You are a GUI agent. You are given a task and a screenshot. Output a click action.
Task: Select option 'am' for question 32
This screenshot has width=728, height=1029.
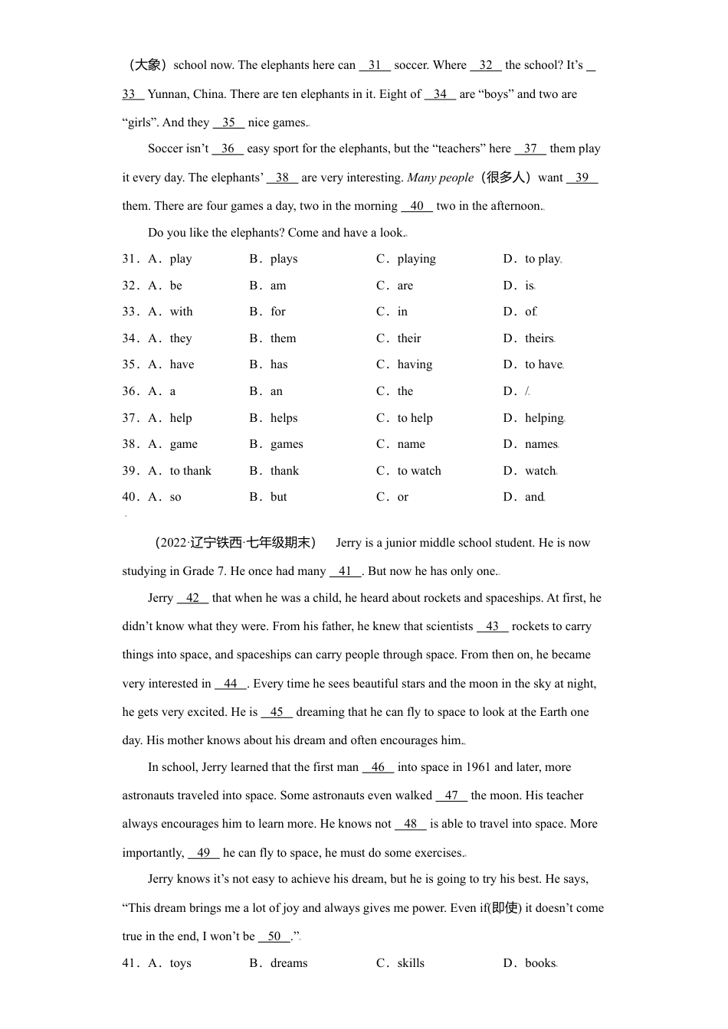pos(278,286)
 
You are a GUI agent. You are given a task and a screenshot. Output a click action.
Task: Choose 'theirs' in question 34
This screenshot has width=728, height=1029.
pos(539,338)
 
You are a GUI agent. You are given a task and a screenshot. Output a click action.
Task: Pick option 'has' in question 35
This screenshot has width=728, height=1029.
pos(279,364)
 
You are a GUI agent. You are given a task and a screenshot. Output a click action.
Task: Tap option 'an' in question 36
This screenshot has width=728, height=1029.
pos(277,391)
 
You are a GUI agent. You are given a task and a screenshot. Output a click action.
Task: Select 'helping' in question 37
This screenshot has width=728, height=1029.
pos(544,418)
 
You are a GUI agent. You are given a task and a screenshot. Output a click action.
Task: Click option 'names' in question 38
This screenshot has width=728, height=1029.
pos(541,444)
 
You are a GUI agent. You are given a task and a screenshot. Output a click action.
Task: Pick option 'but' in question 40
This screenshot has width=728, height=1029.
pos(279,497)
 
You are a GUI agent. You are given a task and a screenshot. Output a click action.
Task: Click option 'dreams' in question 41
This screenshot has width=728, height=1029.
pos(289,963)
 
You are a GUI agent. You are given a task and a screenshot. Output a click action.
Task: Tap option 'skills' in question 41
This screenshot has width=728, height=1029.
pos(411,963)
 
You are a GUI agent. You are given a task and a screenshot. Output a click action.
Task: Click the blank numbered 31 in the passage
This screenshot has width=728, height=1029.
pos(375,66)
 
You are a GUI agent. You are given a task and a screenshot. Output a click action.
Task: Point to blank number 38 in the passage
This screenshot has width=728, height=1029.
pos(282,178)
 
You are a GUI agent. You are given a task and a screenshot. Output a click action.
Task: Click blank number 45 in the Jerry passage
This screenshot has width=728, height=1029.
pos(277,712)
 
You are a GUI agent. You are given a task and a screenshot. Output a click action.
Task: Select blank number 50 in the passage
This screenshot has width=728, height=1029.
pos(274,936)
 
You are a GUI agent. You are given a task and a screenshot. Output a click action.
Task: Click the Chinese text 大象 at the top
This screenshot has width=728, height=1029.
pos(145,65)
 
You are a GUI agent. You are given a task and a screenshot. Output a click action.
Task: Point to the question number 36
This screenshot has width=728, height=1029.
pos(130,391)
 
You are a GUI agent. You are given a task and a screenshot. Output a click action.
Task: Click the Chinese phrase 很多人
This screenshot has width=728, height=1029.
pos(506,178)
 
